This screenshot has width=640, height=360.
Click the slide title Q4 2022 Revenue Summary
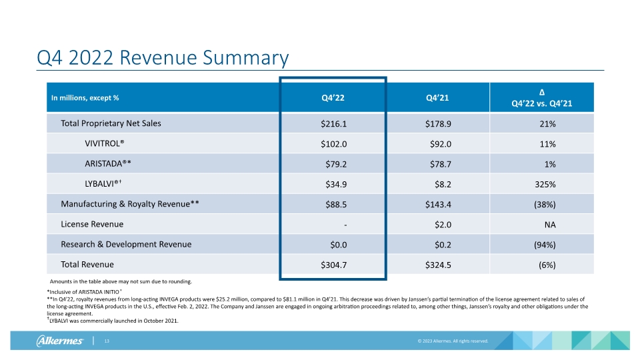tap(163, 57)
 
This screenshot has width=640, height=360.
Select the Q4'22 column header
tap(333, 98)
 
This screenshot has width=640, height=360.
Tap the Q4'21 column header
tap(437, 98)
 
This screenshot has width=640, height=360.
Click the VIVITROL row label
tap(105, 144)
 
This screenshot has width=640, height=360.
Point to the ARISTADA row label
tap(108, 164)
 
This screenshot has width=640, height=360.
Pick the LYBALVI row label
tap(103, 184)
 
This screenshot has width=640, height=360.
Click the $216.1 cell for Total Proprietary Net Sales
tap(333, 124)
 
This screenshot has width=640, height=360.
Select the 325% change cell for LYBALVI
tap(545, 185)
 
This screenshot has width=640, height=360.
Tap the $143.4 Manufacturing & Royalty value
tap(438, 205)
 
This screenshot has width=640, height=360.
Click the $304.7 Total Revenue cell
tap(333, 265)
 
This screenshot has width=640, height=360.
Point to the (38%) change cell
tap(545, 205)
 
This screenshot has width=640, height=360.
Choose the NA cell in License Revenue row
tap(550, 225)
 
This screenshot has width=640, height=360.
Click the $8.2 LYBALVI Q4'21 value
tap(443, 185)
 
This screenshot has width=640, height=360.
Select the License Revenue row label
tap(92, 224)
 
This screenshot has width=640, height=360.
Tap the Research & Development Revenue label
tap(126, 244)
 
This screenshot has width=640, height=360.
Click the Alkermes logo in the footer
tap(59, 341)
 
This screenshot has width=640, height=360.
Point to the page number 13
tap(107, 341)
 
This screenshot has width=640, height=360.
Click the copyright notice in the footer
tap(453, 341)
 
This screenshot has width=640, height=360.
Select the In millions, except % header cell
tap(85, 98)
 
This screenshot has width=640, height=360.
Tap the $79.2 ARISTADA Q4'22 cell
tap(336, 164)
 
